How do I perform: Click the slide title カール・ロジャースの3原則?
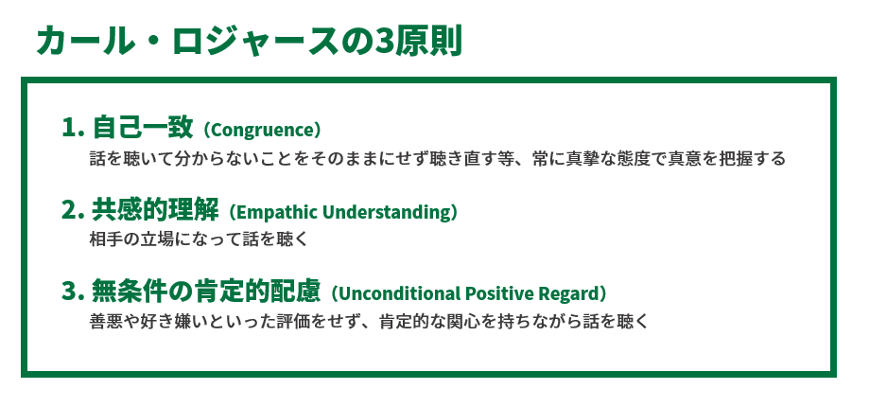(x=248, y=43)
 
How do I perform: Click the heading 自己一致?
(x=143, y=128)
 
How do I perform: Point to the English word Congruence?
(x=265, y=129)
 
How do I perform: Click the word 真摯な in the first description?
(x=617, y=158)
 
